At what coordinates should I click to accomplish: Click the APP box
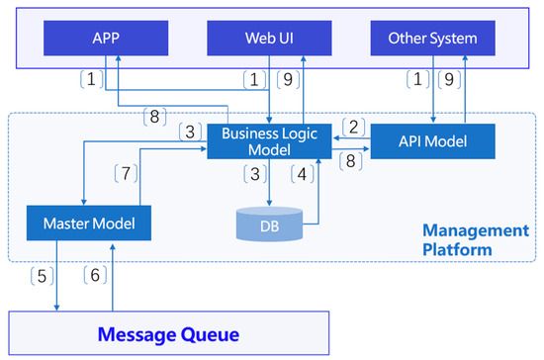[105, 39]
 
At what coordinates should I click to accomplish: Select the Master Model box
[90, 224]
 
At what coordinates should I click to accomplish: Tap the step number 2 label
[353, 127]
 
